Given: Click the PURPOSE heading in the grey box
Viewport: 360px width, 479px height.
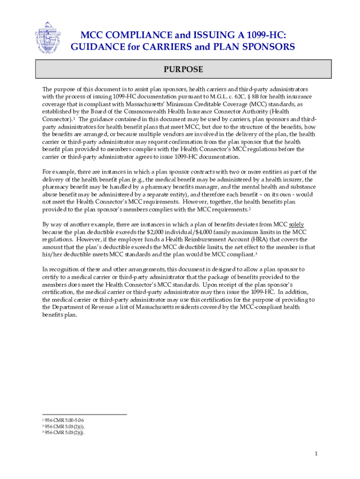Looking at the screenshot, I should (x=183, y=70).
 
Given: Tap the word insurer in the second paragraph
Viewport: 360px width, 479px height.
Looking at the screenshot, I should (x=290, y=179).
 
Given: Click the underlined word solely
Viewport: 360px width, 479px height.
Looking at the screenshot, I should (x=296, y=225).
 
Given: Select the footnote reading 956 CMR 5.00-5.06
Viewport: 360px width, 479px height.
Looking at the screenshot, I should (x=65, y=420).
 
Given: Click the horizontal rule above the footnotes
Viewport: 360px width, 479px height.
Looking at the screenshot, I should (x=85, y=414).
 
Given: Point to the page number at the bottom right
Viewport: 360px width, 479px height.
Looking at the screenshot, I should (x=317, y=453).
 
